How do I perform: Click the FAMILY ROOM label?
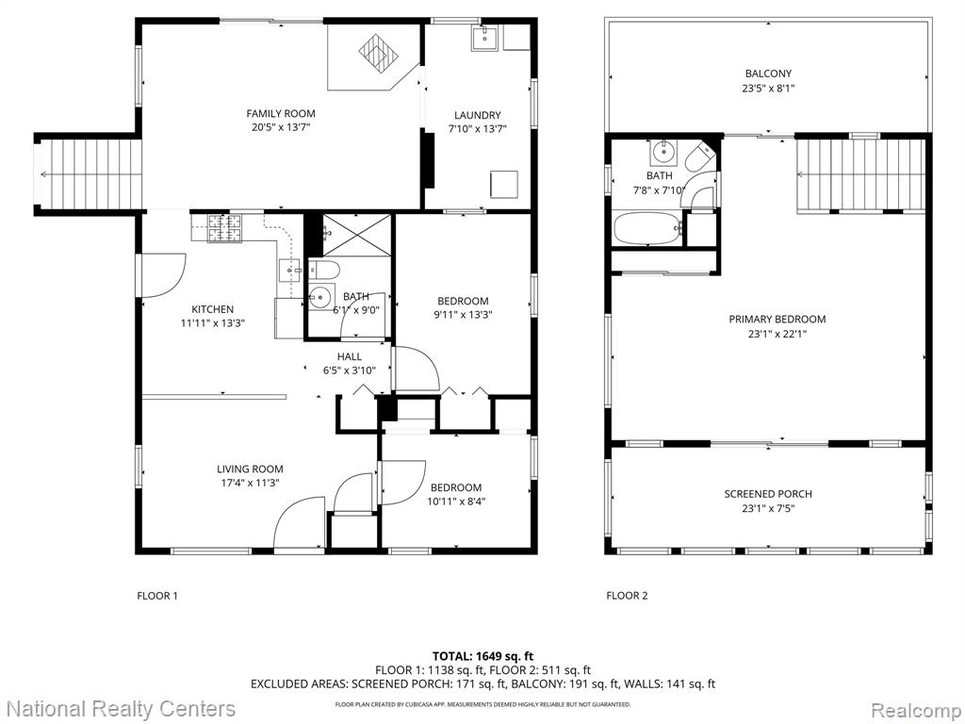click(x=281, y=113)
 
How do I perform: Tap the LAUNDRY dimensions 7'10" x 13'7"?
click(x=478, y=129)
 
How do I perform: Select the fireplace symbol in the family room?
click(x=374, y=52)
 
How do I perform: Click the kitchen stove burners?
click(x=224, y=228)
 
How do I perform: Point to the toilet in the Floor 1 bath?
click(x=324, y=270)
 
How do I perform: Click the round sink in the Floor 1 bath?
click(x=319, y=298)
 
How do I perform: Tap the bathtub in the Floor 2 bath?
click(x=647, y=228)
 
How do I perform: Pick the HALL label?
click(x=350, y=356)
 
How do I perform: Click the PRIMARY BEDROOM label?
click(x=777, y=319)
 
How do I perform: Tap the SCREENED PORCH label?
click(x=768, y=494)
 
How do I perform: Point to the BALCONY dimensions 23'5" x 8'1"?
click(x=768, y=88)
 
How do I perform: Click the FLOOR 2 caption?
click(x=627, y=596)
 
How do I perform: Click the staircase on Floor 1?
click(x=88, y=174)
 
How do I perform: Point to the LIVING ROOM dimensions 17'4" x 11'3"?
click(x=250, y=484)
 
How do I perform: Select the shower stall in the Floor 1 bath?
click(x=357, y=235)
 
